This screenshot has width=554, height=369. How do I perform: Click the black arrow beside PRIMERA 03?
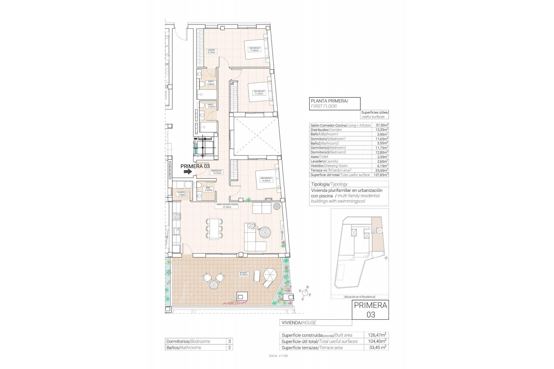click(188, 172)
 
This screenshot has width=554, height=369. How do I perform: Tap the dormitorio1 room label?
click(255, 49)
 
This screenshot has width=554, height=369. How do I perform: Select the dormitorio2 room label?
click(259, 92)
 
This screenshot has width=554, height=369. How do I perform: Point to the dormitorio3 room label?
click(266, 179)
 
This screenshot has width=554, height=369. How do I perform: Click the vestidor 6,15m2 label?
click(212, 51)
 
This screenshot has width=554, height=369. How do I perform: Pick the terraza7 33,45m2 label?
click(244, 274)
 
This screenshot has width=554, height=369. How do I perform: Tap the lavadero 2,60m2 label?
click(182, 193)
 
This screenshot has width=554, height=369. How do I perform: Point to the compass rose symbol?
click(306, 293)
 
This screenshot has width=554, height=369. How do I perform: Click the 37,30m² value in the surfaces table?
click(381, 125)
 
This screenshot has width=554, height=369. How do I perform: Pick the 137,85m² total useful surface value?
click(381, 175)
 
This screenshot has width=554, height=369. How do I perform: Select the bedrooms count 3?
click(229, 341)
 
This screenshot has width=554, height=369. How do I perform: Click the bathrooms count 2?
click(229, 348)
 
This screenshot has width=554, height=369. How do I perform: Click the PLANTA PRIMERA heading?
click(329, 101)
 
